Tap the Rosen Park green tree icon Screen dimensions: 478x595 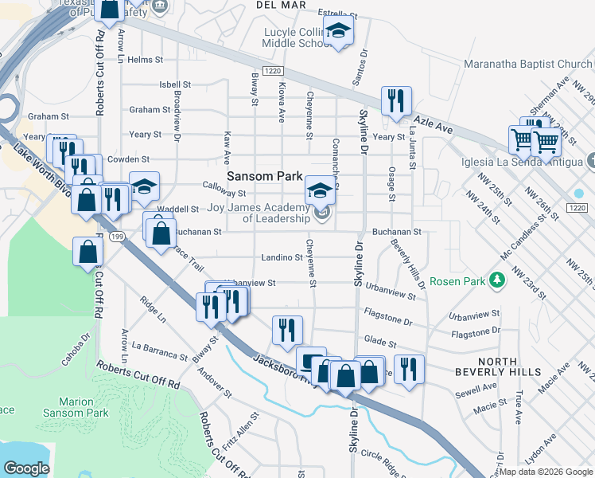point(497,280)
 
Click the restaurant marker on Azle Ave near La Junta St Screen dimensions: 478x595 point(395,101)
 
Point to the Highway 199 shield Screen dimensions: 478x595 point(117,237)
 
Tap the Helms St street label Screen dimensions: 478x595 point(145,60)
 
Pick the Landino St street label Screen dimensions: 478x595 point(282,257)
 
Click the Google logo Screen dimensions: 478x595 point(26,468)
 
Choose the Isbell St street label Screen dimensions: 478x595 point(175,84)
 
